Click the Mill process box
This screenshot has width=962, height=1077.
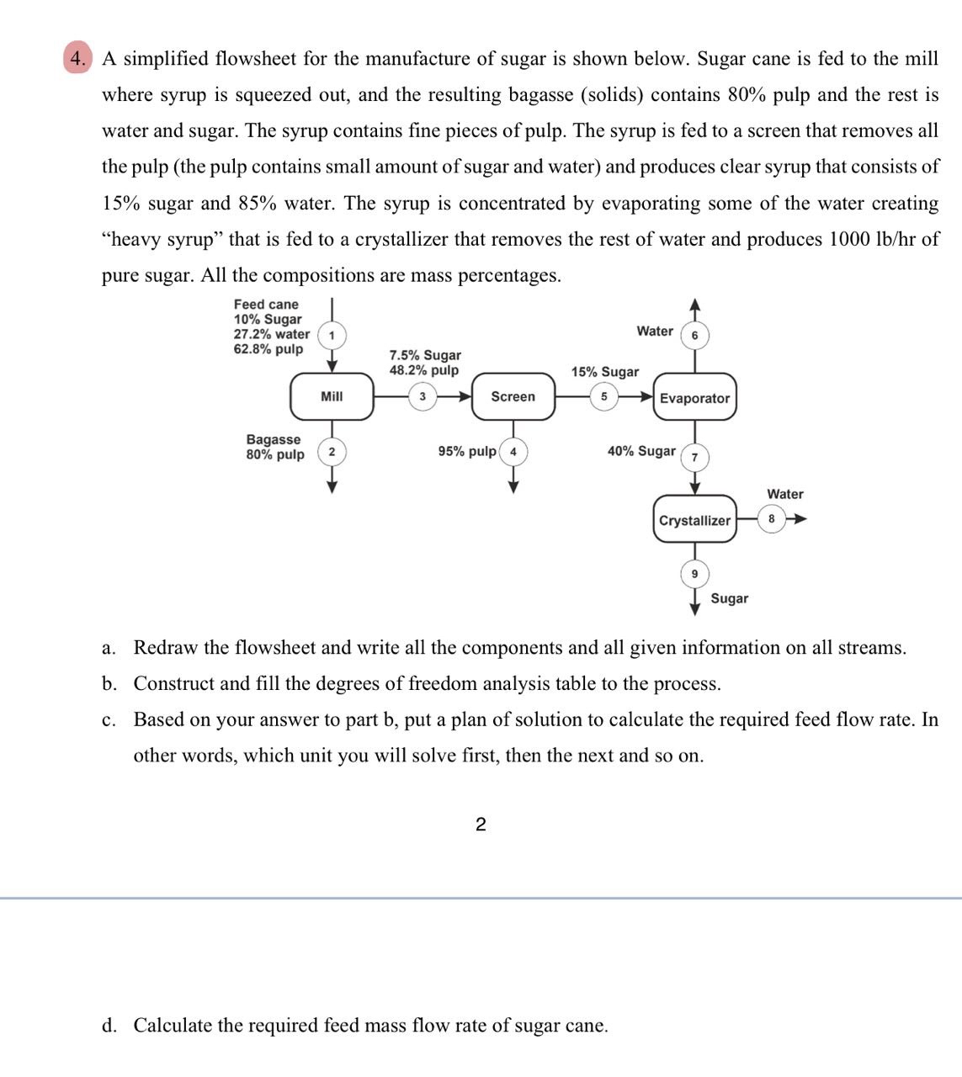pos(332,396)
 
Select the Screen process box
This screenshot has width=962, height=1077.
pos(513,397)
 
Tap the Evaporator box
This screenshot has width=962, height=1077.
pos(694,398)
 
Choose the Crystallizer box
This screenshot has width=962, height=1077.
pos(694,520)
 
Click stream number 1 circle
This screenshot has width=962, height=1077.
pos(332,335)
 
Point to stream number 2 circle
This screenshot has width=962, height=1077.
pos(332,453)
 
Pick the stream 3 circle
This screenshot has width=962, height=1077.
pos(423,396)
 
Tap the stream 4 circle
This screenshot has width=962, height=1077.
pos(513,452)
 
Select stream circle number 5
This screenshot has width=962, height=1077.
pos(603,396)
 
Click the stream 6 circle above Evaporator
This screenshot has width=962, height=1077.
pos(694,335)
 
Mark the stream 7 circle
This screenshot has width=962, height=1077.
pos(694,457)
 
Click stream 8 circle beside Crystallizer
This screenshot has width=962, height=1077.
pos(771,518)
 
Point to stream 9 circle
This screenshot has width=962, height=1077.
pos(694,574)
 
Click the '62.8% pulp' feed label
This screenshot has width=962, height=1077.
pos(268,349)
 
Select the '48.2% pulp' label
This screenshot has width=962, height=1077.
pos(424,370)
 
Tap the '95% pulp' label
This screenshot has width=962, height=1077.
pos(467,452)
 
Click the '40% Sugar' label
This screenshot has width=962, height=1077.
pos(641,451)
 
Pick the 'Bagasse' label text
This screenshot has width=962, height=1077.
pos(273,439)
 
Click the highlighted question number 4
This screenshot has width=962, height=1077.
pos(77,59)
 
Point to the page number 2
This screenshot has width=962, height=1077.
pos(481,825)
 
